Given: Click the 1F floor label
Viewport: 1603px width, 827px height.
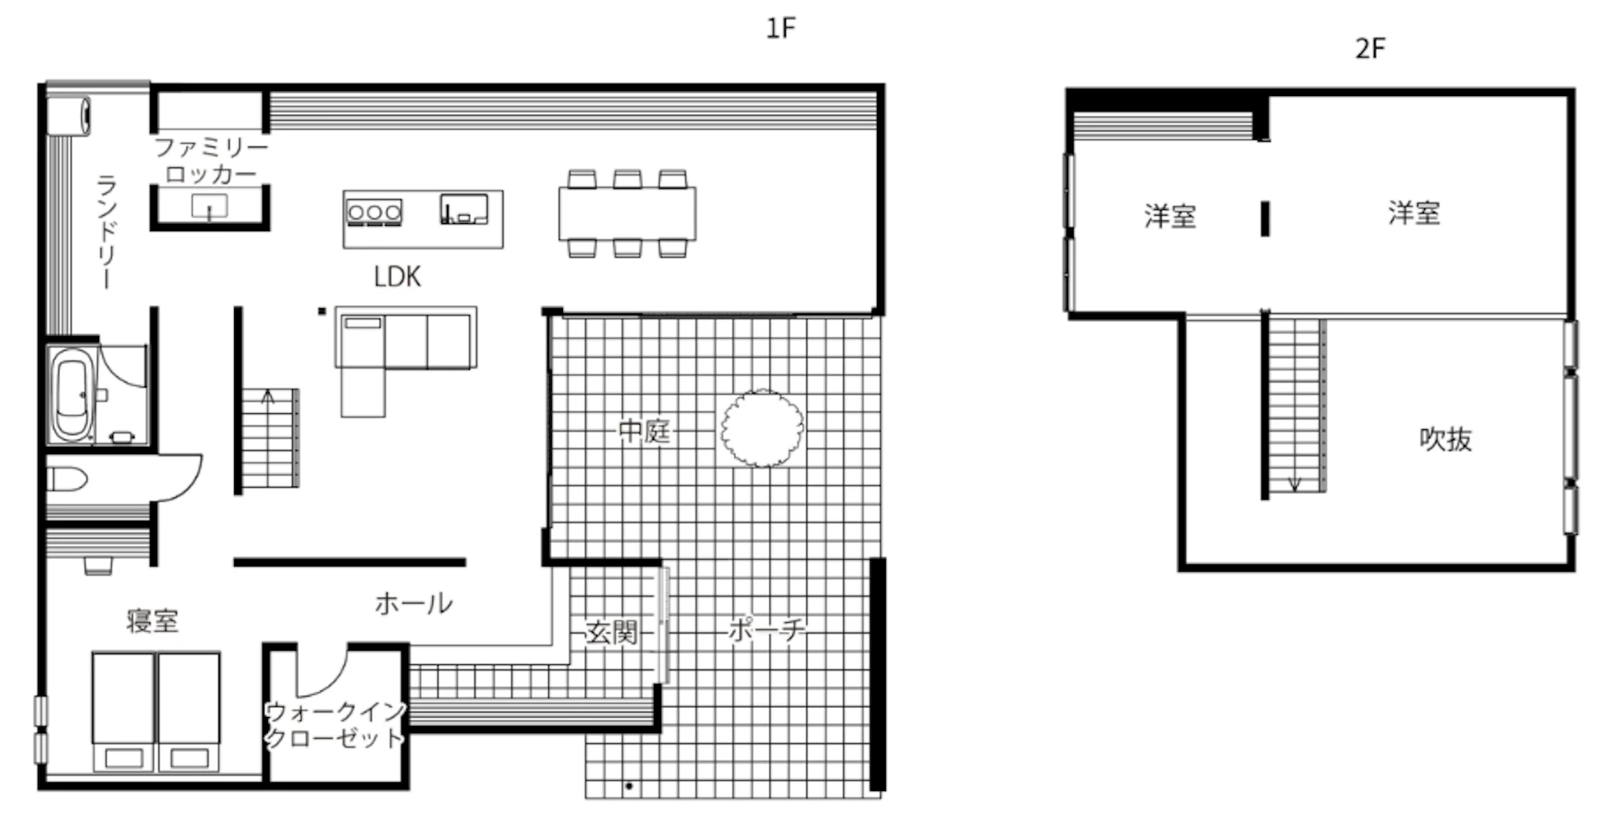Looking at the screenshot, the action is tap(780, 28).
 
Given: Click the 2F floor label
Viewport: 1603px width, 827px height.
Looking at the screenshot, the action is tap(1370, 48).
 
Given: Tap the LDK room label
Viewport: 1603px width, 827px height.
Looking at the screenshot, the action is tap(397, 277).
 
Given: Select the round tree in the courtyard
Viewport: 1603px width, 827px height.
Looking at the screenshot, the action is tap(762, 429).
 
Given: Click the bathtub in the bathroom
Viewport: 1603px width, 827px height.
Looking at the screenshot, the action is tap(72, 394).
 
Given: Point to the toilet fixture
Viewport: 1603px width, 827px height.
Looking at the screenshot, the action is tap(68, 480).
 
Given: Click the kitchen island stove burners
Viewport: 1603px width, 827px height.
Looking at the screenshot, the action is tap(374, 212).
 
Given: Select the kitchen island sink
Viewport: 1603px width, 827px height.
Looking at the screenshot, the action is tap(464, 208).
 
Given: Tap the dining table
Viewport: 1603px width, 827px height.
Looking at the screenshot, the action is tap(628, 214).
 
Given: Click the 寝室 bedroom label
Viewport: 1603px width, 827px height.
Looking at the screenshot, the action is tap(152, 621).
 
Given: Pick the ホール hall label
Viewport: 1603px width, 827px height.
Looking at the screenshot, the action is tap(413, 604).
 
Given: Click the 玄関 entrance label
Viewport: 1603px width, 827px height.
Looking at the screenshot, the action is tap(611, 632).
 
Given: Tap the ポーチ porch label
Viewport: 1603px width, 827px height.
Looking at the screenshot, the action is tap(766, 630).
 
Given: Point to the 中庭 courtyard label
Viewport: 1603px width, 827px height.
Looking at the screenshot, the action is tap(644, 431).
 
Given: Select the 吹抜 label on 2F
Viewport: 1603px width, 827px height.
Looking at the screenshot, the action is tap(1445, 439).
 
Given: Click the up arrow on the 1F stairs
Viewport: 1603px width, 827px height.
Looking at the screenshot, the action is tap(269, 397).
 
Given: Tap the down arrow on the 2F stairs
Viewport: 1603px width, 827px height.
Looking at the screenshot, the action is tap(1295, 484).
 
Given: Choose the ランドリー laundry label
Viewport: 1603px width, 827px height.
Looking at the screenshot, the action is tap(106, 232).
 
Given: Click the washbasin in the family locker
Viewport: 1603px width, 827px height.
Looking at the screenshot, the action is tap(209, 207).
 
